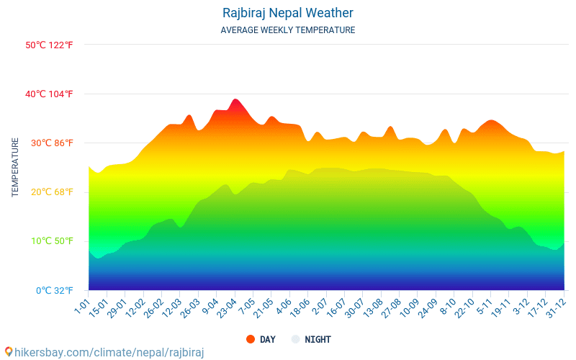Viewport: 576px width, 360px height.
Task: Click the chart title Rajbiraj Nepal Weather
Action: point(287,13)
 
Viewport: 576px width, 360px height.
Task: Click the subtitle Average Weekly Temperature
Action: point(287,30)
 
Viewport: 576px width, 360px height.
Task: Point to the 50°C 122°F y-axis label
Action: point(49,45)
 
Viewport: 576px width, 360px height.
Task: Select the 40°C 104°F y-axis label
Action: point(49,94)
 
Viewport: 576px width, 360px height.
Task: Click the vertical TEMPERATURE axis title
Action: point(15,168)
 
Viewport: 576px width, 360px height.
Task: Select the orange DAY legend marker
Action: point(251,339)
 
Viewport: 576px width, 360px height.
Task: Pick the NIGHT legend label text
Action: point(318,339)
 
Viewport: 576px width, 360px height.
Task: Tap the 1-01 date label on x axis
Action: point(81,305)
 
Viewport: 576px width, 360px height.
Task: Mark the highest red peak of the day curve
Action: point(235,99)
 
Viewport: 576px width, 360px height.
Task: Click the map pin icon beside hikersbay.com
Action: point(9,351)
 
